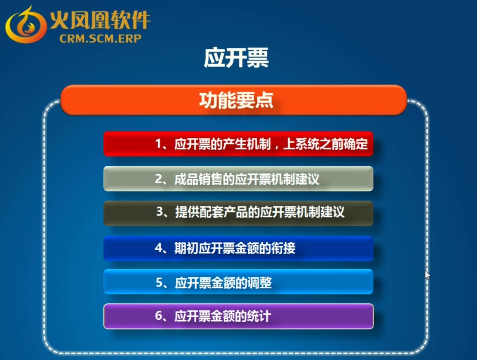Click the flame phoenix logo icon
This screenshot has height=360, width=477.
click(x=26, y=24)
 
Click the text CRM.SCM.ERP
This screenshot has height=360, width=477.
click(x=100, y=39)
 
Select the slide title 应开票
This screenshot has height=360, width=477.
click(x=236, y=58)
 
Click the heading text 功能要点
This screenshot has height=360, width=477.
click(x=236, y=100)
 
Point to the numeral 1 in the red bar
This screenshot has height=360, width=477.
click(x=158, y=144)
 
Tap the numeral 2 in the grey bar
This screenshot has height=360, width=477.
click(x=158, y=179)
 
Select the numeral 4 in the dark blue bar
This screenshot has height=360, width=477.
click(x=158, y=248)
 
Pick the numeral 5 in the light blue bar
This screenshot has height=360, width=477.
click(x=159, y=282)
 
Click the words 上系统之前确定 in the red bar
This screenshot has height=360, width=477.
click(x=325, y=144)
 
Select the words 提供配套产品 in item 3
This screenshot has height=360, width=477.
click(x=212, y=212)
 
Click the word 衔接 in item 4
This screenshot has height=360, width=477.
click(x=283, y=248)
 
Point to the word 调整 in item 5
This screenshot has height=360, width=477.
click(x=260, y=283)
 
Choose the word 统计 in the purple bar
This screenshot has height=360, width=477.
click(x=259, y=316)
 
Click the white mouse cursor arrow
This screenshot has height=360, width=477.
click(x=427, y=275)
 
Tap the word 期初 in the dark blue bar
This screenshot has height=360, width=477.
click(x=187, y=248)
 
